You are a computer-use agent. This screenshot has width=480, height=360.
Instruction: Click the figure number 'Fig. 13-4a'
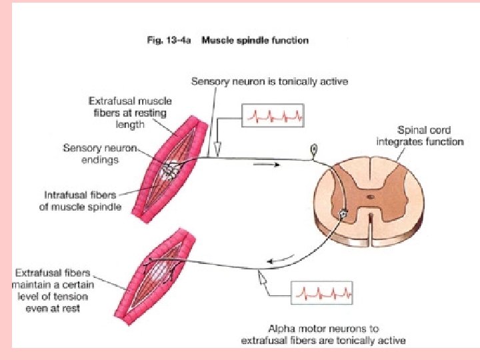pos(169,41)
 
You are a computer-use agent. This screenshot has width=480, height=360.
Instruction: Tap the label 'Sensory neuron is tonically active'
pos(269,82)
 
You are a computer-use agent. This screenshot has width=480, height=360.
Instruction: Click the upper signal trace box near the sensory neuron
pos(273,115)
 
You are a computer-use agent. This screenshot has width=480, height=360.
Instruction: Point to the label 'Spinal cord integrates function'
pos(419,136)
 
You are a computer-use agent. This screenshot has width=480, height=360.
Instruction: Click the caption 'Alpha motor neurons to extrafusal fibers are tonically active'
pos(323,335)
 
